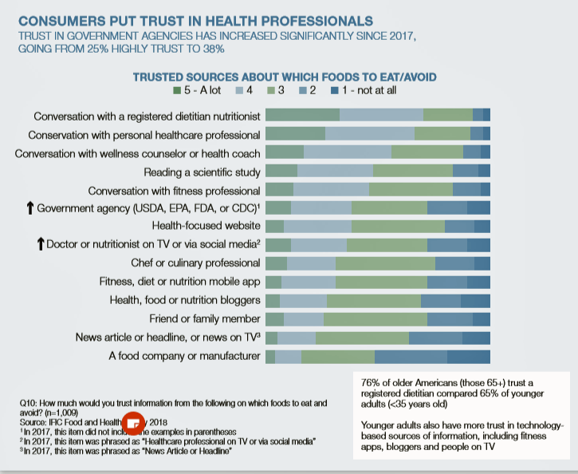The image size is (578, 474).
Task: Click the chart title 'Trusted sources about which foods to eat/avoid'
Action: click(x=284, y=77)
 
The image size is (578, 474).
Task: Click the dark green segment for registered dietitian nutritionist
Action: click(x=302, y=115)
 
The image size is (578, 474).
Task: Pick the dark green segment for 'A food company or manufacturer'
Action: click(x=270, y=356)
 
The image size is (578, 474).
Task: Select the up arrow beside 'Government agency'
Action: click(x=29, y=208)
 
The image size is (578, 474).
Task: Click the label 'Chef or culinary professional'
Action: click(x=195, y=263)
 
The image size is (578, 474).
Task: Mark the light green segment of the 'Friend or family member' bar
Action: click(x=375, y=319)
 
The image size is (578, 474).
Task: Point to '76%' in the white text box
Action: click(x=372, y=382)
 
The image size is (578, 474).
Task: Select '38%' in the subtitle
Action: click(x=213, y=49)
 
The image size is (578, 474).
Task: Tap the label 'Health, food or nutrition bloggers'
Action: click(x=185, y=300)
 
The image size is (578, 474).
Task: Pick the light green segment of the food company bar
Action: click(x=337, y=356)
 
